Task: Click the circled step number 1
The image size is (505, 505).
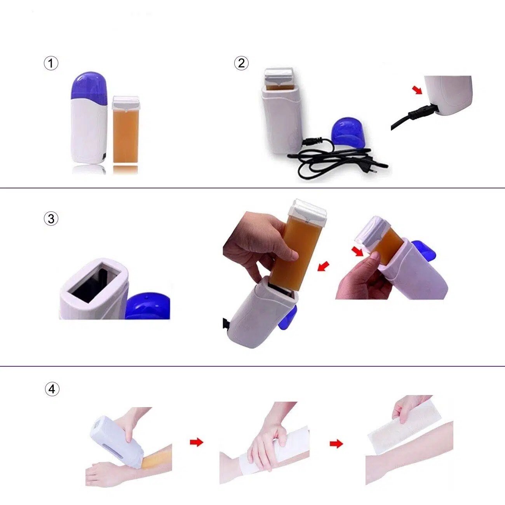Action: tap(51, 63)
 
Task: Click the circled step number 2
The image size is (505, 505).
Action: tap(241, 63)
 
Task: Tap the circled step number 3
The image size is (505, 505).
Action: tap(51, 219)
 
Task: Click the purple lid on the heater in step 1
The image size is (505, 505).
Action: tap(89, 86)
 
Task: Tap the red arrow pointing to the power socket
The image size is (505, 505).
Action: tap(417, 90)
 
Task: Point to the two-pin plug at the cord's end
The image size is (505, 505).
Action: tap(374, 169)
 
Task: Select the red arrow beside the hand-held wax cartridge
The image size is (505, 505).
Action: tap(323, 266)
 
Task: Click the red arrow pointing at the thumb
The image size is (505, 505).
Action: tap(357, 252)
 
